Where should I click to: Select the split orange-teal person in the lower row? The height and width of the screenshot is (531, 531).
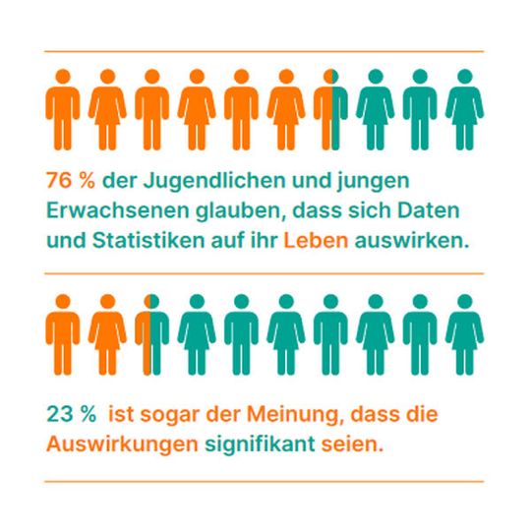[x=151, y=332]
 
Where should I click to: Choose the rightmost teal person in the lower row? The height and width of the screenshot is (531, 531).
[x=463, y=332]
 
